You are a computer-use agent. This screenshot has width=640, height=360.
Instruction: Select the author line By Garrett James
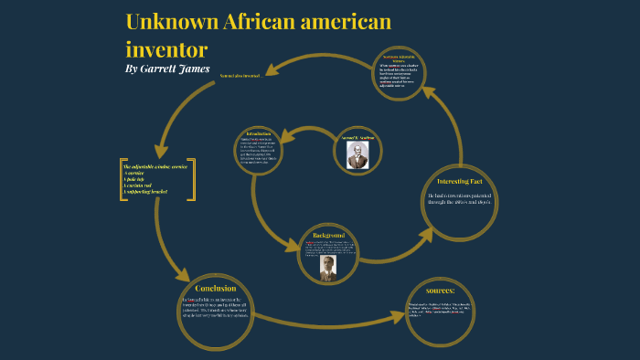(167, 69)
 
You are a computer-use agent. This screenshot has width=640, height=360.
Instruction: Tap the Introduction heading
(259, 134)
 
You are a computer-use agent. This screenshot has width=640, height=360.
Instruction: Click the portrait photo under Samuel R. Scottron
(357, 156)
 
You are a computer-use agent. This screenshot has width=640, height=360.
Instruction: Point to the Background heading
(327, 235)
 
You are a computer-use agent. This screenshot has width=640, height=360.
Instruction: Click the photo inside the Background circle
(327, 267)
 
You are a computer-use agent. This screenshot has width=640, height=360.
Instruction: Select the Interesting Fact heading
(460, 181)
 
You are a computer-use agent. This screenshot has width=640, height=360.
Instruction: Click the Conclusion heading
(216, 289)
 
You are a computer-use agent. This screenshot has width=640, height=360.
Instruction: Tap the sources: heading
(442, 291)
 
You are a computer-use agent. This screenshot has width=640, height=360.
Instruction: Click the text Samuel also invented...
(241, 76)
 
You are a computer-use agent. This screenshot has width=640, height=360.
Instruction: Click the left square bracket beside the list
(122, 180)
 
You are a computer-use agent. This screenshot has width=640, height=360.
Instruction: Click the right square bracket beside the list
(193, 180)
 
